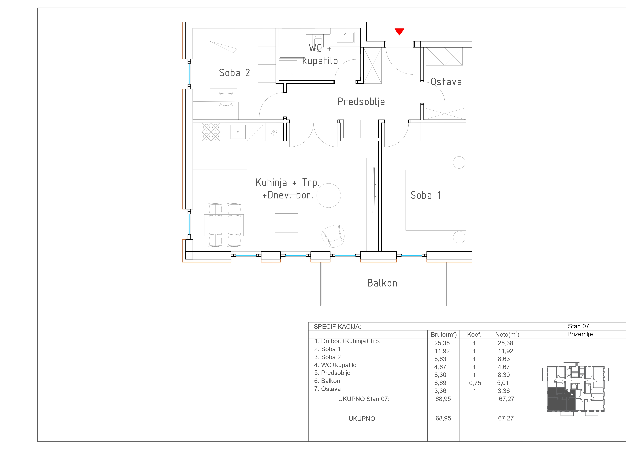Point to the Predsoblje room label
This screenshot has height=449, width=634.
point(361,101)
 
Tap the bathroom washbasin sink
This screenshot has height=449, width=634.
point(345,38)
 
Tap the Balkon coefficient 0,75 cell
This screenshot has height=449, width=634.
point(475,383)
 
